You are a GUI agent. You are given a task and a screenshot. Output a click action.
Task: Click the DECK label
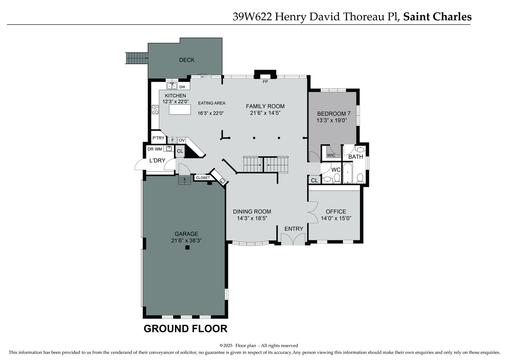click(x=187, y=60)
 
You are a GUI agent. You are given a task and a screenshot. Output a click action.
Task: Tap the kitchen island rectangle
click(x=180, y=109)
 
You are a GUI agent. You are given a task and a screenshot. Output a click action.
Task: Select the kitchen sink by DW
click(x=172, y=86)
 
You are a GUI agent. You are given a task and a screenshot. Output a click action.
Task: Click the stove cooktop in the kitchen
click(x=155, y=110)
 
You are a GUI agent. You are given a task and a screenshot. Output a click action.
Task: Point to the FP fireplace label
click(x=265, y=82)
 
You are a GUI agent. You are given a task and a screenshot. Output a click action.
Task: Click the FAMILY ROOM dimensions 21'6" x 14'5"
click(x=265, y=113)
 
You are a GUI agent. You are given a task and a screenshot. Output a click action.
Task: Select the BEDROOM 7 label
click(x=333, y=113)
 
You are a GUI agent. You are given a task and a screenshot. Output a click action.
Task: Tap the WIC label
click(x=331, y=155)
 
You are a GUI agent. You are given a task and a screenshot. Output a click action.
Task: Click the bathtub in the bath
click(x=347, y=173)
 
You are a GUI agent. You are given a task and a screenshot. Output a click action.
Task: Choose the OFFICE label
click(x=336, y=212)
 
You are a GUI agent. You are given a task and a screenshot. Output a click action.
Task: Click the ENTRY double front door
click(x=293, y=239)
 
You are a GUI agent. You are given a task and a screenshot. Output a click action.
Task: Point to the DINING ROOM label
click(x=252, y=212)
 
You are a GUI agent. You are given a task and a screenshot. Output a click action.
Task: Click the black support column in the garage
click(x=187, y=247)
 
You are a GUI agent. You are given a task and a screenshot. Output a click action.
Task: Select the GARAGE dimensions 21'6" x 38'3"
click(x=186, y=241)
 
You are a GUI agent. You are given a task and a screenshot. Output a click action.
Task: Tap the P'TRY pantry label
click(x=158, y=138)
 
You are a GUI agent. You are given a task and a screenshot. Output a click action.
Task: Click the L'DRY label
click(x=157, y=161)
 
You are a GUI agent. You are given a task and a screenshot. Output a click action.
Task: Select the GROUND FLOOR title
click(x=185, y=329)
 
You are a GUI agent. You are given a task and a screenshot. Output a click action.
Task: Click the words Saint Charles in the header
click(x=437, y=17)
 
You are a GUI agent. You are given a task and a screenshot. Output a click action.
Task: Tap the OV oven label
click(x=182, y=140)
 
